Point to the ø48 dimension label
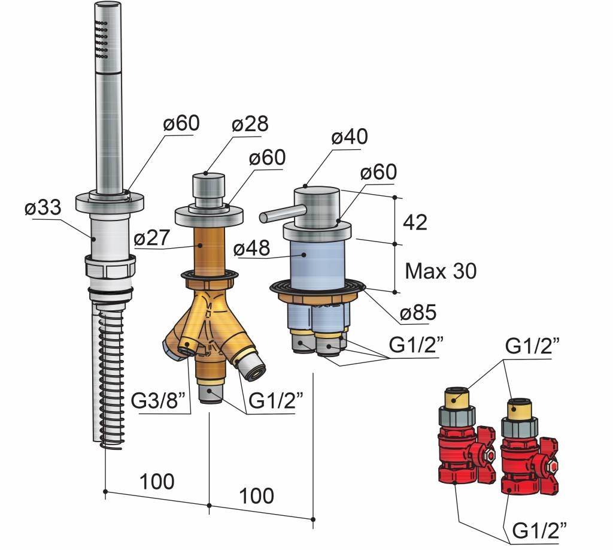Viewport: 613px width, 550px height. [x=253, y=247]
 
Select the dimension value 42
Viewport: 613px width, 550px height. [x=415, y=222]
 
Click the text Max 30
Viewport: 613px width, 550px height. [x=441, y=271]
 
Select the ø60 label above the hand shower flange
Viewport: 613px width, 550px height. [x=180, y=124]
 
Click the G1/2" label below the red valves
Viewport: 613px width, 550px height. [x=539, y=530]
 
